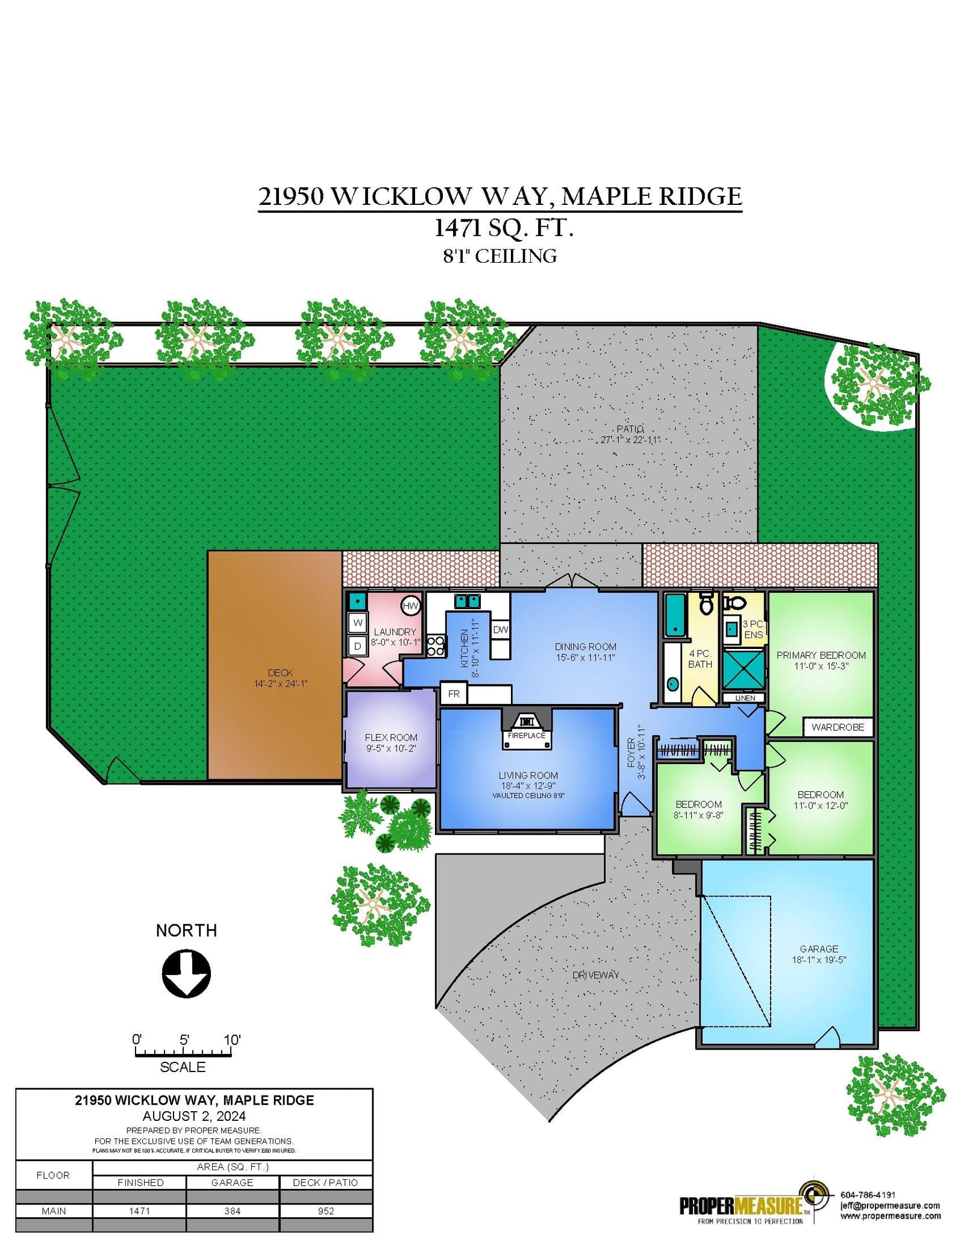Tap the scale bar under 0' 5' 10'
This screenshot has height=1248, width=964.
[x=183, y=1053]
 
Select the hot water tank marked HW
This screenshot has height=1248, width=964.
[x=410, y=606]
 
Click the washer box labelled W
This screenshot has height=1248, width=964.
[x=358, y=623]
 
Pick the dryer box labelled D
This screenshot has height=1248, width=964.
[x=358, y=646]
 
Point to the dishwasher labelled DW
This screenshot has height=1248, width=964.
[x=501, y=629]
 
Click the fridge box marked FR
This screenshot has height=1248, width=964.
[x=454, y=694]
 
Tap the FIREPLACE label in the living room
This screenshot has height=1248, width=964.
[x=527, y=735]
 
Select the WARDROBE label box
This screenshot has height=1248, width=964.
[x=838, y=727]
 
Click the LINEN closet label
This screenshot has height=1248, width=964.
[x=745, y=698]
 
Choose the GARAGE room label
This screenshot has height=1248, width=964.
[x=819, y=949]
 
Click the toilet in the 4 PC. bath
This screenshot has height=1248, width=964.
[x=707, y=603]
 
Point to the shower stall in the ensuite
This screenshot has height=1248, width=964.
[x=743, y=669]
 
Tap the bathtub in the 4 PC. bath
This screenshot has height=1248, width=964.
[x=675, y=615]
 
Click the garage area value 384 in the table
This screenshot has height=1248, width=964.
[x=233, y=1211]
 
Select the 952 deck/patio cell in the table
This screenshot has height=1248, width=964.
[x=326, y=1211]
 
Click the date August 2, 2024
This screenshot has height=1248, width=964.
[x=194, y=1116]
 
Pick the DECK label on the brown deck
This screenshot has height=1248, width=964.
[x=280, y=673]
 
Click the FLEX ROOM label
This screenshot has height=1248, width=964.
[x=391, y=738]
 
